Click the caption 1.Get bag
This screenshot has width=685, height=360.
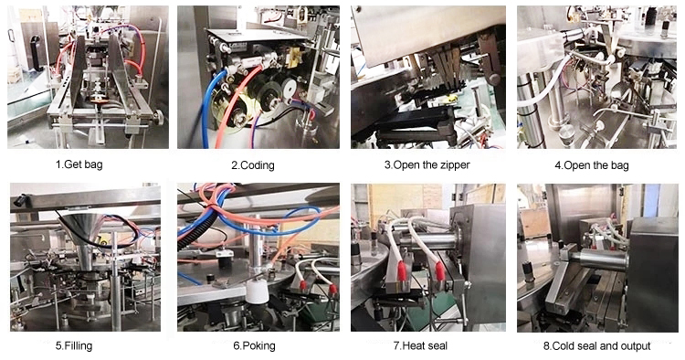pos(79,164)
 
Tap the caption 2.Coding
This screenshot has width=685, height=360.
pos(253,165)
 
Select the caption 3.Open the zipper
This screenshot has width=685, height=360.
pos(427,165)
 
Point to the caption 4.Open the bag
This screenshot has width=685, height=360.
pos(592,165)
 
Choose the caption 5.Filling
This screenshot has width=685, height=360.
pos(74,346)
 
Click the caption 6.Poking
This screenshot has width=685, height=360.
pos(254,346)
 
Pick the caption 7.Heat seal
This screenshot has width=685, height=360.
pos(420,346)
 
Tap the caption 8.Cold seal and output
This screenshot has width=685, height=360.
pos(596,346)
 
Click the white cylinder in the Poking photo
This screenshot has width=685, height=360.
pos(257,291)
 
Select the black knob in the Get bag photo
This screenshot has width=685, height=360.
pos(158,117)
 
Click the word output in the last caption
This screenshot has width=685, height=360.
pos(636,346)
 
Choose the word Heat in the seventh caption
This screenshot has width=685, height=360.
pos(413,346)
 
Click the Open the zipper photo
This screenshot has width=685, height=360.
pos(428,77)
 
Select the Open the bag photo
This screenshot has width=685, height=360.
pos(596,77)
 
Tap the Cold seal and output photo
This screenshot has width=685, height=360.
pos(597,258)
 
